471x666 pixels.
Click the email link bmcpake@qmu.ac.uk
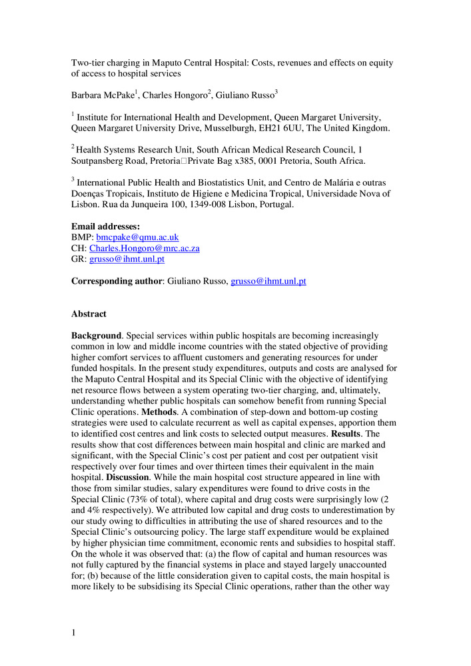tap(137, 237)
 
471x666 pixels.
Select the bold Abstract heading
tap(89, 314)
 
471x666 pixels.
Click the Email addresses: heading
tap(105, 226)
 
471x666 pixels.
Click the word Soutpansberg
tap(97, 161)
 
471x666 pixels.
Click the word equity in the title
tap(380, 63)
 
